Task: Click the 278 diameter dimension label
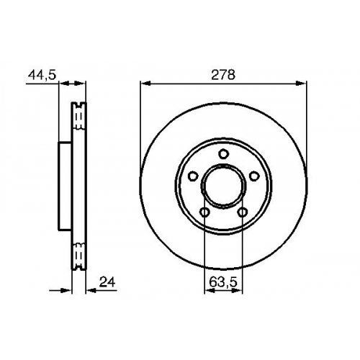pos(223,75)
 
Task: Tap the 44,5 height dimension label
pos(42,75)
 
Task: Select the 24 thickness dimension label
pos(107,282)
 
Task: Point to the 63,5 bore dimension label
pos(223,282)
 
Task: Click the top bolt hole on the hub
pos(223,153)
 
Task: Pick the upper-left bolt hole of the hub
pos(192,176)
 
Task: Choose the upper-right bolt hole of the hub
pos(254,176)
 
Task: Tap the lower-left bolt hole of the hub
pos(204,212)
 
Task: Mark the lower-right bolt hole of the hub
pos(243,212)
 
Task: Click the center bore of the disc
pos(223,186)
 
